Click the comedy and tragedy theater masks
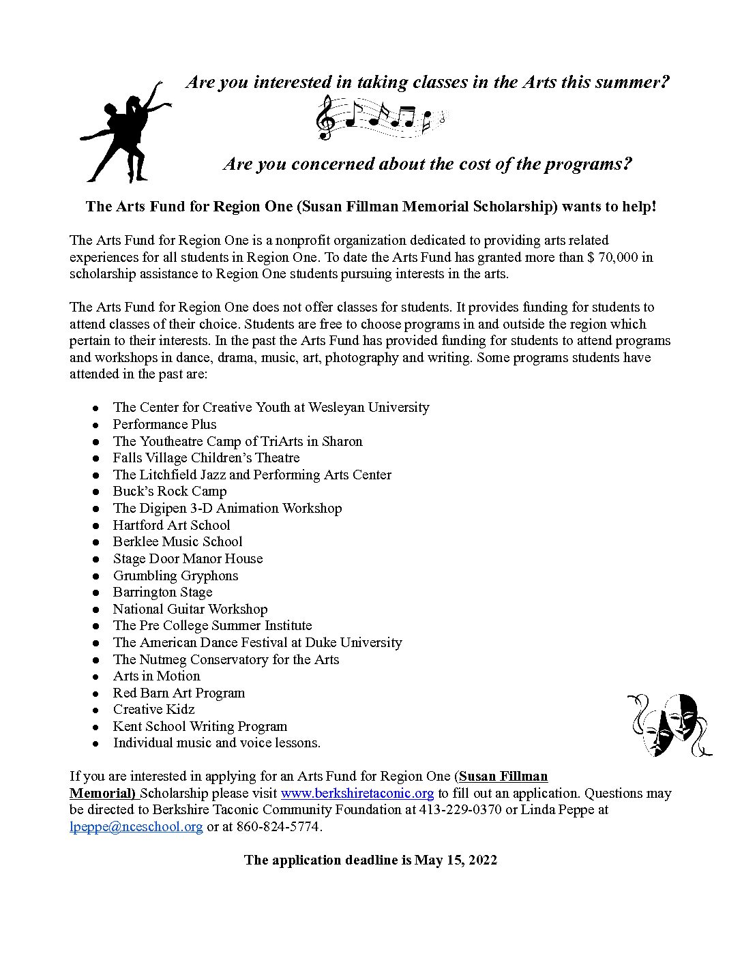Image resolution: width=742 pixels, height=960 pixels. [x=669, y=724]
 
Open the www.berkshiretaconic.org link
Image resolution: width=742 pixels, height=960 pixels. [x=357, y=793]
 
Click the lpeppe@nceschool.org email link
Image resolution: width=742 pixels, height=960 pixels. [x=136, y=826]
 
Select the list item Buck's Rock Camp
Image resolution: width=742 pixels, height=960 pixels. [x=170, y=491]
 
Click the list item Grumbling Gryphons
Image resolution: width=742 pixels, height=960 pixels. [x=175, y=575]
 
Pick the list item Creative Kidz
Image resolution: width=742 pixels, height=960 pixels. [x=153, y=709]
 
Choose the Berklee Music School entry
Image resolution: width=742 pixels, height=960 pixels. [x=177, y=541]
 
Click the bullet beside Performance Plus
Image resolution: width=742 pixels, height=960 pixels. [x=97, y=425]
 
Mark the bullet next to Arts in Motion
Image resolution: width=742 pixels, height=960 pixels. [x=97, y=676]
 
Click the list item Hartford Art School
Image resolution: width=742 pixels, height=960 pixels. [x=171, y=525]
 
